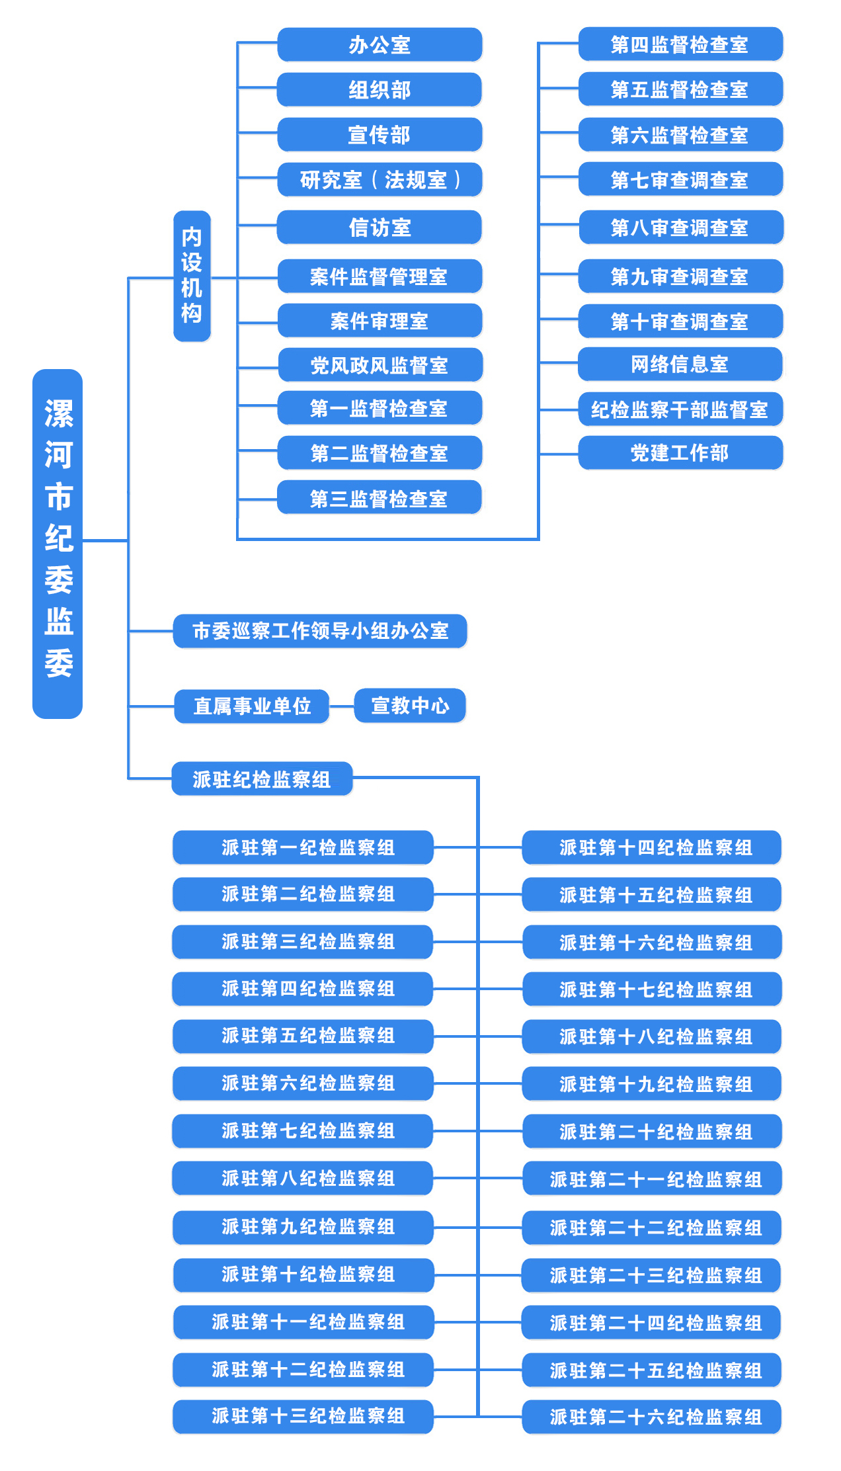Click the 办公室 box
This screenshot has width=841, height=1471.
coord(380,45)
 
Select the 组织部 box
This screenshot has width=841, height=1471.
coord(380,90)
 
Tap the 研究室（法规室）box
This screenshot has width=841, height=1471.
coord(380,180)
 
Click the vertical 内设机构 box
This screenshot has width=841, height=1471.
coord(192,276)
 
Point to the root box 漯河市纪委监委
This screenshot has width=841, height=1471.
coord(58,543)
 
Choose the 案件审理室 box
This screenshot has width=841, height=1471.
coord(380,321)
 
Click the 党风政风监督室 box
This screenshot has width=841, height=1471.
coord(380,365)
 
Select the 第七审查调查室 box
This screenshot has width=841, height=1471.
coord(680,180)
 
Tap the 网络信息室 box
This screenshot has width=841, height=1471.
coord(680,364)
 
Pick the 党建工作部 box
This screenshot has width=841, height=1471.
coord(680,453)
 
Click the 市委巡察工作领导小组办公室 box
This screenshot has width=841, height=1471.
coord(320,631)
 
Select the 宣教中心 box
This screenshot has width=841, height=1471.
coord(410,706)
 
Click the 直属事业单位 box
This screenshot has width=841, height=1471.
coord(252,706)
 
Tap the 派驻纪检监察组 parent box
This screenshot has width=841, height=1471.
coord(262,779)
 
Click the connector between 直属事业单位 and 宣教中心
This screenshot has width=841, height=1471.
coord(342,706)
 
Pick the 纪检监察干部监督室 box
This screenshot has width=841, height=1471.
coord(680,410)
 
